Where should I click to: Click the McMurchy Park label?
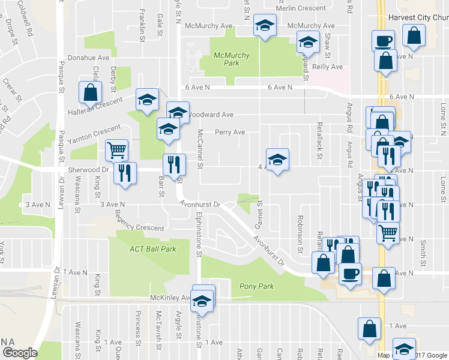tap(232, 59)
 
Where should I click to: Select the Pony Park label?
tap(256, 286)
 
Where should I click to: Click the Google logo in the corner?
tap(19, 353)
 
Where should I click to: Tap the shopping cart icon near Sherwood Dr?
tap(117, 149)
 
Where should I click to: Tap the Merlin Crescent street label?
tap(301, 8)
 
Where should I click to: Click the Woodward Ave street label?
tap(210, 114)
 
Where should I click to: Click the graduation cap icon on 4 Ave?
tap(277, 159)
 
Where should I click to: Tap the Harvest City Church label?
tap(417, 18)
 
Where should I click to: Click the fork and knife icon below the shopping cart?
tap(125, 173)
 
